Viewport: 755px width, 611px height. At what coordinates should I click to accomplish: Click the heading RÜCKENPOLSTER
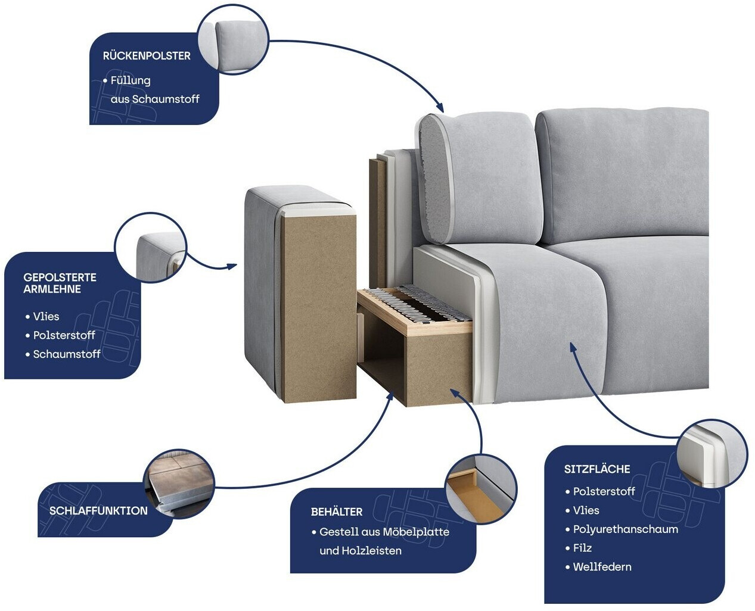click(x=147, y=55)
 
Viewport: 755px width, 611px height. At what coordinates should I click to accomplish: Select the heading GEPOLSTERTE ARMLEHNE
click(x=60, y=283)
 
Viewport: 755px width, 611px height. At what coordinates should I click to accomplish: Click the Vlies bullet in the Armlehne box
click(x=46, y=316)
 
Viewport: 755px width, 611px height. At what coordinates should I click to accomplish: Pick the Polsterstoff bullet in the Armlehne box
click(x=64, y=335)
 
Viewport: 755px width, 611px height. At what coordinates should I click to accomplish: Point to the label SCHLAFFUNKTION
click(x=98, y=510)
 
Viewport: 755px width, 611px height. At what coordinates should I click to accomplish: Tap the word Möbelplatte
click(x=415, y=532)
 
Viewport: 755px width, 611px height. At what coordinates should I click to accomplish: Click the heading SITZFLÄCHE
click(x=597, y=469)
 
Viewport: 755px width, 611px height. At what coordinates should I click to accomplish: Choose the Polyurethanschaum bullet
click(x=626, y=529)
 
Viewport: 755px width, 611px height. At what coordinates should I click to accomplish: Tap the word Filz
click(x=582, y=548)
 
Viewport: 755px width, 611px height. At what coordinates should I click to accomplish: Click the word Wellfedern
click(x=602, y=567)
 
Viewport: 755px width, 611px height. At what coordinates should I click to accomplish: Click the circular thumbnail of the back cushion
click(x=233, y=39)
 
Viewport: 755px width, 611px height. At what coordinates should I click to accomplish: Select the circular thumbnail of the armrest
click(x=151, y=248)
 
